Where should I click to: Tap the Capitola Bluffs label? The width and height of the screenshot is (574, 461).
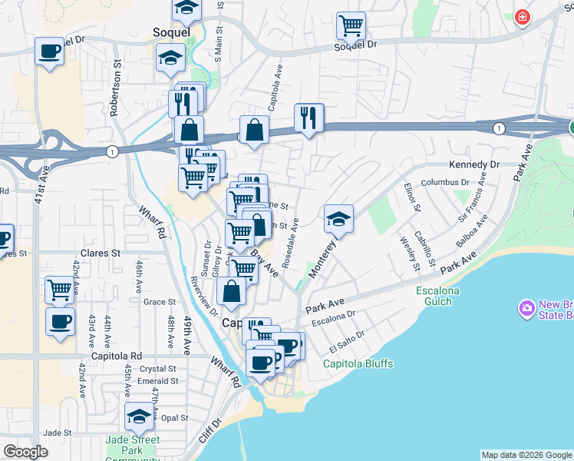[358, 363]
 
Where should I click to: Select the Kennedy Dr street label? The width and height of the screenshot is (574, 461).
[474, 164]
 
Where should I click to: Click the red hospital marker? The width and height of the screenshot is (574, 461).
[522, 16]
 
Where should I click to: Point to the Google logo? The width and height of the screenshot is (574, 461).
[26, 452]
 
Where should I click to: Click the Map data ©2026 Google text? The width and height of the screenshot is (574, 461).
[526, 455]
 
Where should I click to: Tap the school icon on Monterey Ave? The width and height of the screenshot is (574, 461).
[338, 219]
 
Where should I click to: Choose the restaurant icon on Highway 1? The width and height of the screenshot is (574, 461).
[308, 118]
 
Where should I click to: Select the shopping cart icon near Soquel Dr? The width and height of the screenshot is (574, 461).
[350, 26]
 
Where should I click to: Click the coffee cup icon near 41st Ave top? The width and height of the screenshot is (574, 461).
[50, 51]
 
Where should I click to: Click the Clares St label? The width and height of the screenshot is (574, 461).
[105, 252]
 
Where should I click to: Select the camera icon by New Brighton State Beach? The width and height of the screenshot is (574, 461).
[526, 309]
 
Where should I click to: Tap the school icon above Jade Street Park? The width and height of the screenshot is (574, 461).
[139, 416]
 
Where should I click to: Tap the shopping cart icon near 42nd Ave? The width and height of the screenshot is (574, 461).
[59, 290]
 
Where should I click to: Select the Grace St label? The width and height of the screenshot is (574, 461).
[160, 302]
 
